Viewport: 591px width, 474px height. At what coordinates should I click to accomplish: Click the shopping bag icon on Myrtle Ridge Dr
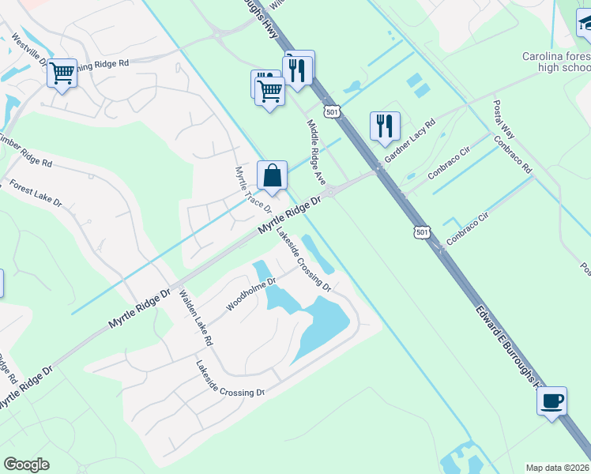272,175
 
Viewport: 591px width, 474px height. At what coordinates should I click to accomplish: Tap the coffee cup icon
551,401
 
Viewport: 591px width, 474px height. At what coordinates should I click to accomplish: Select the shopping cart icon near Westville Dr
62,73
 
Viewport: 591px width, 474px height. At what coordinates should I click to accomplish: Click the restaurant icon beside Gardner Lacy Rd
385,126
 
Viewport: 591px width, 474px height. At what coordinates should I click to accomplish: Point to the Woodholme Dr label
250,294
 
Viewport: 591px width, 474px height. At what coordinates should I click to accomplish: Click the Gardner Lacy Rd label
409,141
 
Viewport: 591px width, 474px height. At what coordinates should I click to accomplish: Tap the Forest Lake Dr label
36,194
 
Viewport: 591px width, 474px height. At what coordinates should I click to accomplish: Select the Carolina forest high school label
556,62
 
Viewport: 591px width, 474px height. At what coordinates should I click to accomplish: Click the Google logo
26,465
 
